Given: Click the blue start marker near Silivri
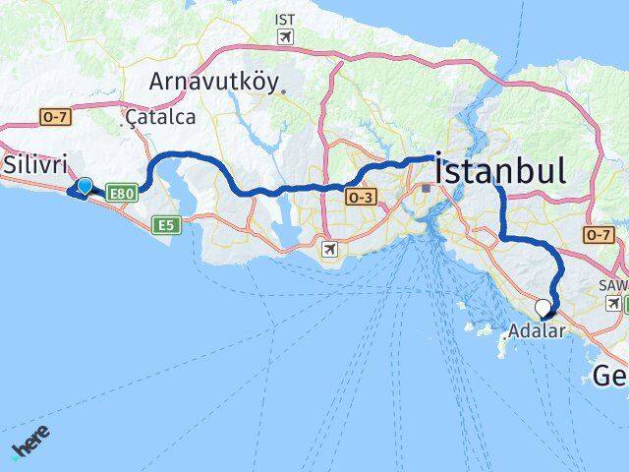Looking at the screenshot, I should [x=85, y=186].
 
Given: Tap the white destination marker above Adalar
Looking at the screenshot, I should [x=543, y=307].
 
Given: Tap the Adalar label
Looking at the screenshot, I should [x=538, y=331].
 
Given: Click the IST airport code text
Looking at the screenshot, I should [x=285, y=20].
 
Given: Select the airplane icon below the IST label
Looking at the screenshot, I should [x=285, y=37].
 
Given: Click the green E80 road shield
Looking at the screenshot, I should [x=122, y=195].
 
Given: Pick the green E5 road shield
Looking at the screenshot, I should [x=167, y=225].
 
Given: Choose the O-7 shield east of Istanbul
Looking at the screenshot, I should [x=598, y=234].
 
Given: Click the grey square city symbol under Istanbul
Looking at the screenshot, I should [x=425, y=188].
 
